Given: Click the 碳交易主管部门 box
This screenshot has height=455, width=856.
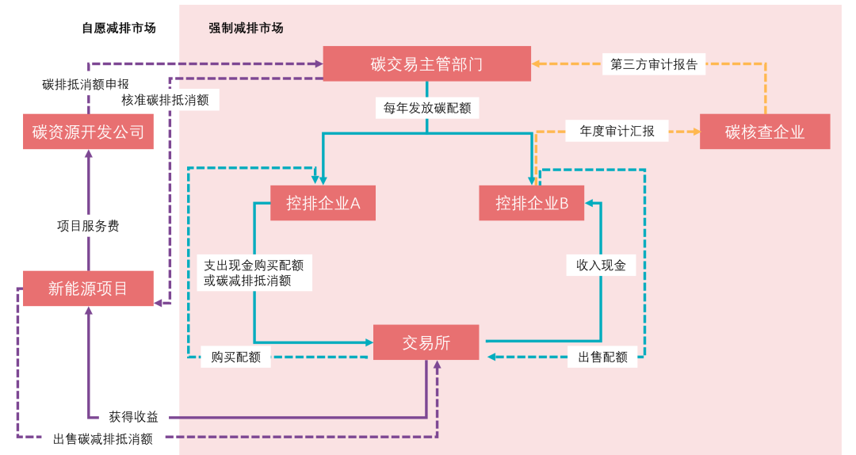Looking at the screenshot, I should coord(426,63).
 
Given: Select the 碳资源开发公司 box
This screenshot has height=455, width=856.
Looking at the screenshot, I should coord(88,132).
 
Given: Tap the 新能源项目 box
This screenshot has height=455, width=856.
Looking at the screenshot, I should coord(88,289).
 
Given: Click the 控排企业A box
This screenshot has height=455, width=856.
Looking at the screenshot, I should coord(323,203).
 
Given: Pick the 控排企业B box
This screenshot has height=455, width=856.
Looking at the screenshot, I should coord(532,203).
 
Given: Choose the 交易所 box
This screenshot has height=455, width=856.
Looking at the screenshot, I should coord(426,342).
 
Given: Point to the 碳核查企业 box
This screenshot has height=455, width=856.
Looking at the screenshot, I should coord(764,132).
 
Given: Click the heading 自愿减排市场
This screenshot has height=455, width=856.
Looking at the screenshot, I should coord(119,28).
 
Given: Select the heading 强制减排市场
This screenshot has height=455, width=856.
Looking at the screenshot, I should coord(246,28).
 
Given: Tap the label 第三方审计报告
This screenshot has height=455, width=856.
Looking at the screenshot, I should coord(654,65).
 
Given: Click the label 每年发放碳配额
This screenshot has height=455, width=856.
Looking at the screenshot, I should coord(427,108).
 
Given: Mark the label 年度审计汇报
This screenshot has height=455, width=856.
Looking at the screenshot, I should coord(617,132).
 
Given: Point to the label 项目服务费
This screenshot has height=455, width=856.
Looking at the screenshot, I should coord(88,226).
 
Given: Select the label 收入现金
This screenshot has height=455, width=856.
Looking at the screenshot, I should coord(601,265).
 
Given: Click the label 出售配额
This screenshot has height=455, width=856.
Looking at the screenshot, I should coord(602,357).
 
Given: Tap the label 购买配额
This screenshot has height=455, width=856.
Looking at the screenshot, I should coord(235,357).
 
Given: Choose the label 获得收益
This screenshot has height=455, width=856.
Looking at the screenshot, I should coord(133,417).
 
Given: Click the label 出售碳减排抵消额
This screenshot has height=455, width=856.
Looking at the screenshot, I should coord(103,438).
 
